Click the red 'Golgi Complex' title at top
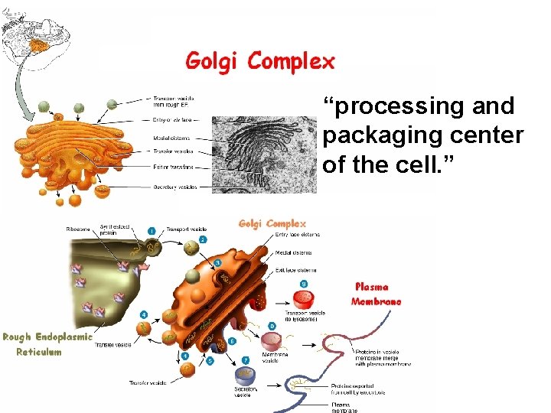coord(260,60)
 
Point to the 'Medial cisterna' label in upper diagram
coord(173,138)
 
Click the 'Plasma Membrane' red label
coord(376,294)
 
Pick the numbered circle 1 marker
coord(152,230)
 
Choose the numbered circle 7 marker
coord(245,359)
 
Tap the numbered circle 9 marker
coord(304,284)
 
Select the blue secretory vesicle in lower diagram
coord(246,376)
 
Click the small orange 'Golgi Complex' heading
coord(272,223)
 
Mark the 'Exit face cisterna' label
coord(295,270)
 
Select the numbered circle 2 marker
coord(203,239)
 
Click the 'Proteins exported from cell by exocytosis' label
coord(357,390)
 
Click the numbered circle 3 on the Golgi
coord(217,263)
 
